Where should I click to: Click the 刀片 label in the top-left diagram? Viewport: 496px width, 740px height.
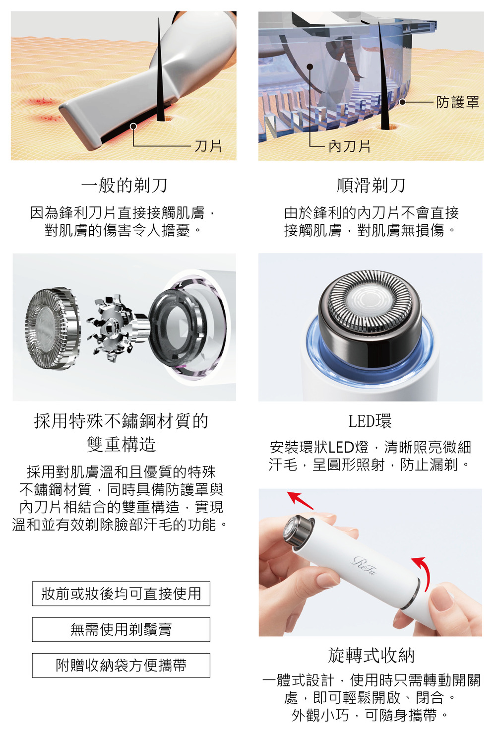(x=208, y=146)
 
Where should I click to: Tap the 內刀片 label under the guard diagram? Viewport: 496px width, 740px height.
(x=349, y=146)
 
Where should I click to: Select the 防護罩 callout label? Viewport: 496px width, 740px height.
(x=457, y=102)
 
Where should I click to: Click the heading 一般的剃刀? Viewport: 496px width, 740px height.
(x=124, y=185)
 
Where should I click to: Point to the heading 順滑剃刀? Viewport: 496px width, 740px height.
(x=371, y=185)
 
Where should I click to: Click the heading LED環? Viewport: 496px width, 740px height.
(x=370, y=421)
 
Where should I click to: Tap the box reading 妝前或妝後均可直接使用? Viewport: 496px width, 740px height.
(x=121, y=594)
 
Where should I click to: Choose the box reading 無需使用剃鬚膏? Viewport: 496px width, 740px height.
(x=121, y=629)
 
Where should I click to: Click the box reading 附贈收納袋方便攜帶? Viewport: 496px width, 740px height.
(x=121, y=665)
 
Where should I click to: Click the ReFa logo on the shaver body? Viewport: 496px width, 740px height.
(x=364, y=566)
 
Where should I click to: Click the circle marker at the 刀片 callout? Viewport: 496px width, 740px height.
(x=133, y=126)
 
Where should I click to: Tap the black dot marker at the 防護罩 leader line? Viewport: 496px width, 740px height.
(x=402, y=102)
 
